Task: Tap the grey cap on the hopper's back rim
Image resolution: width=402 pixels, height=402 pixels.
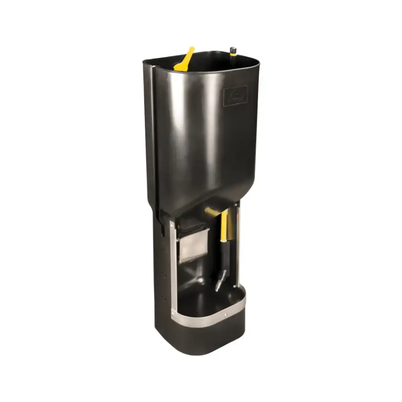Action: (233, 49)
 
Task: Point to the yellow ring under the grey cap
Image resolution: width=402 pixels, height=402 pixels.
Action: (233, 54)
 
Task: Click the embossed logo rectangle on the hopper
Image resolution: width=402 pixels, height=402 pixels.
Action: (236, 95)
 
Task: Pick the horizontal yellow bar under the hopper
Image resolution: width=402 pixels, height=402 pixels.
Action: (212, 212)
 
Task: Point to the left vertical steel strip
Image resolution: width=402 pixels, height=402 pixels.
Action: (173, 267)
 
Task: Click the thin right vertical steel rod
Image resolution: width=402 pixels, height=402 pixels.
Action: (238, 243)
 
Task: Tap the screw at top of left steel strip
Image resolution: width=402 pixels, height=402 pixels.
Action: (172, 225)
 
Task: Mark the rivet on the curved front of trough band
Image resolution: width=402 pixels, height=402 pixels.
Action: (225, 314)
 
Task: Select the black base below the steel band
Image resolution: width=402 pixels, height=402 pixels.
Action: (204, 338)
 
